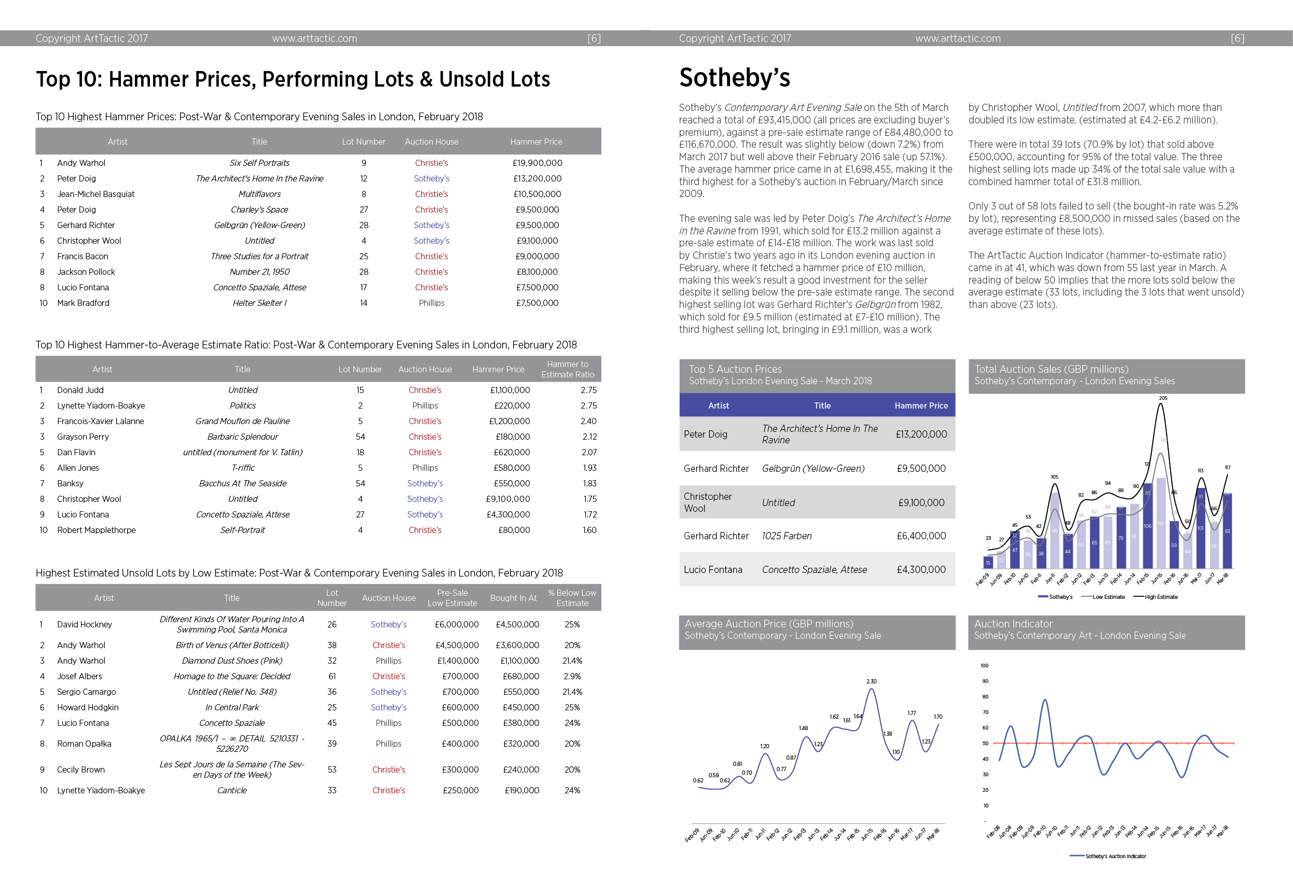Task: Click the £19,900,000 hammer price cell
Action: (537, 163)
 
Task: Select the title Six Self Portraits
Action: (259, 163)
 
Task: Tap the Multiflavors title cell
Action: (259, 194)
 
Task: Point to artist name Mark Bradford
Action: (83, 303)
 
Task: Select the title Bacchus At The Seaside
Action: (243, 483)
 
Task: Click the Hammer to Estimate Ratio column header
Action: (568, 369)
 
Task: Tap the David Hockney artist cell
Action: (84, 624)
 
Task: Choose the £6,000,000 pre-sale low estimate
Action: (457, 624)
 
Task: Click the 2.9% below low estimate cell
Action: (572, 676)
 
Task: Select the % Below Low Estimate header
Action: (572, 598)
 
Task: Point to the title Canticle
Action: (232, 790)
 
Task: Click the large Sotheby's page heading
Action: (734, 77)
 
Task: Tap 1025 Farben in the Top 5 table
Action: (787, 536)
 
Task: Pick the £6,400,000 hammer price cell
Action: (921, 536)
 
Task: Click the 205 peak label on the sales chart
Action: (1163, 398)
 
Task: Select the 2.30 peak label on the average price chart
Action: (871, 681)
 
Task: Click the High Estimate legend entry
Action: (1156, 597)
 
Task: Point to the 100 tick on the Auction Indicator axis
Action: (984, 665)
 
